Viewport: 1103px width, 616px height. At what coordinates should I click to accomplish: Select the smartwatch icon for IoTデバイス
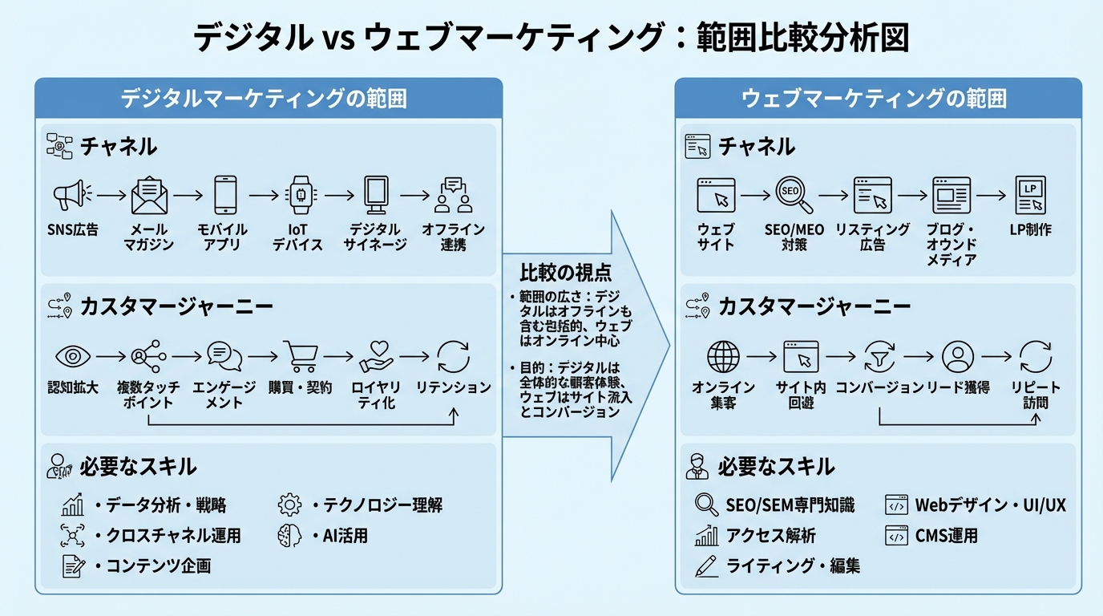pyautogui.click(x=300, y=195)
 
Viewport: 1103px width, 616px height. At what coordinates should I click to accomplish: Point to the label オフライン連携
pyautogui.click(x=454, y=237)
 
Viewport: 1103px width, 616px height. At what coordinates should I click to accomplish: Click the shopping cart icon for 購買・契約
pyautogui.click(x=300, y=356)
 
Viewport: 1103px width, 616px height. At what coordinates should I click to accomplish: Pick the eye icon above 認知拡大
pyautogui.click(x=72, y=356)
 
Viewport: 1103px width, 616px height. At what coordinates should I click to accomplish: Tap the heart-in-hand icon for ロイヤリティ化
pyautogui.click(x=376, y=356)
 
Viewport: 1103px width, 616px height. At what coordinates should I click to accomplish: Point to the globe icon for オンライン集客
pyautogui.click(x=723, y=356)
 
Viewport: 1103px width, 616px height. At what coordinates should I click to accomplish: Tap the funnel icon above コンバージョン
pyautogui.click(x=879, y=356)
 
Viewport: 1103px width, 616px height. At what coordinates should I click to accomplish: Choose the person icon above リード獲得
pyautogui.click(x=957, y=356)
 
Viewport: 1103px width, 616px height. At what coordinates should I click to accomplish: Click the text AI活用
pyautogui.click(x=340, y=536)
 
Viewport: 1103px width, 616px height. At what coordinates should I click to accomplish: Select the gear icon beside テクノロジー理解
pyautogui.click(x=289, y=505)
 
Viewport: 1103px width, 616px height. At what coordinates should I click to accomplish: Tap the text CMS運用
pyautogui.click(x=946, y=536)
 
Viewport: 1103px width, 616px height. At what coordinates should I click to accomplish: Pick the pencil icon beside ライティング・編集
pyautogui.click(x=706, y=566)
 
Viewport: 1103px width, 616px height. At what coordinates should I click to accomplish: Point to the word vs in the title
pyautogui.click(x=336, y=38)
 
